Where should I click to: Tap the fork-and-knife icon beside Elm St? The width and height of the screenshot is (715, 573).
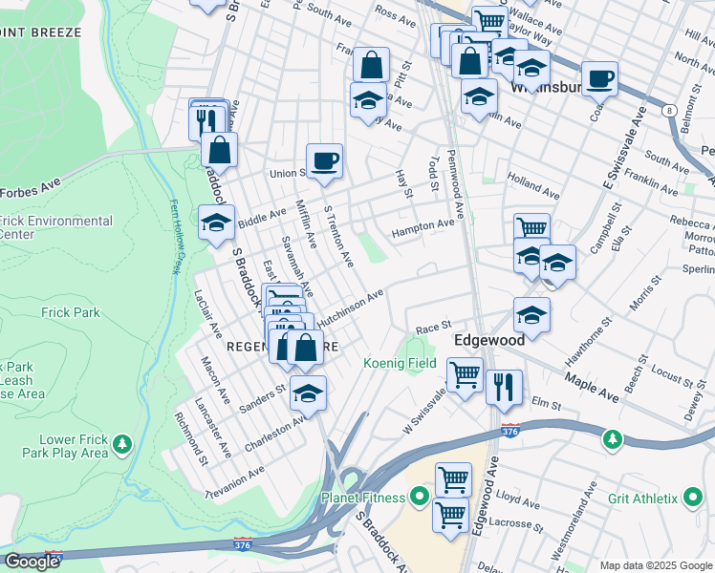pos(504,387)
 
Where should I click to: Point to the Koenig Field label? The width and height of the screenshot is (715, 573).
pos(400,364)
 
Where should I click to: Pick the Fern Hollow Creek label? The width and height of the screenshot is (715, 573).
pos(175,237)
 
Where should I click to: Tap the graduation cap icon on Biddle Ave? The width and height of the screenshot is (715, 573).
pos(216,223)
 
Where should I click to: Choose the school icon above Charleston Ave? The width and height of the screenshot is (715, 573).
pos(308,393)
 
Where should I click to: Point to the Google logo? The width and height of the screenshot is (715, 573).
pos(32,562)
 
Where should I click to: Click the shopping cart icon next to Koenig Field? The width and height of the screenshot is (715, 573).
pos(465,374)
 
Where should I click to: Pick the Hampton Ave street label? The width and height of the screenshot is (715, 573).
pos(422,226)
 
